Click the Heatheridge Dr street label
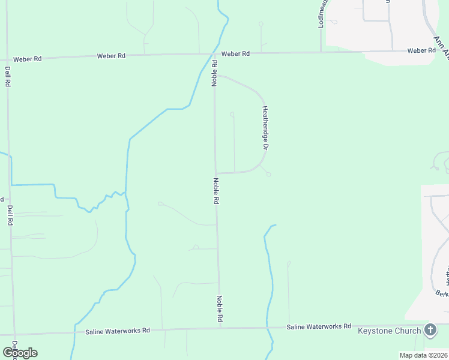(x=264, y=128)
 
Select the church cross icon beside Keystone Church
(x=430, y=329)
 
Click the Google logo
(x=20, y=353)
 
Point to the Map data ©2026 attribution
(x=423, y=355)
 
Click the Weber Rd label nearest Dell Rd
(x=28, y=59)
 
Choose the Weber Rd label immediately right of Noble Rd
(x=235, y=54)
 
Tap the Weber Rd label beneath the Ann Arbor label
(x=421, y=51)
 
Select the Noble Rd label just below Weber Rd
(x=214, y=72)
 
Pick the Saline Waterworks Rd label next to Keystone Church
(x=318, y=326)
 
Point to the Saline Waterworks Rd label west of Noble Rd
(x=117, y=331)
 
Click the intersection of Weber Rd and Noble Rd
(x=214, y=54)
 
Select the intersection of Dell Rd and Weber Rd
(x=7, y=59)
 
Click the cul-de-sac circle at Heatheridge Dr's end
(x=268, y=175)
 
